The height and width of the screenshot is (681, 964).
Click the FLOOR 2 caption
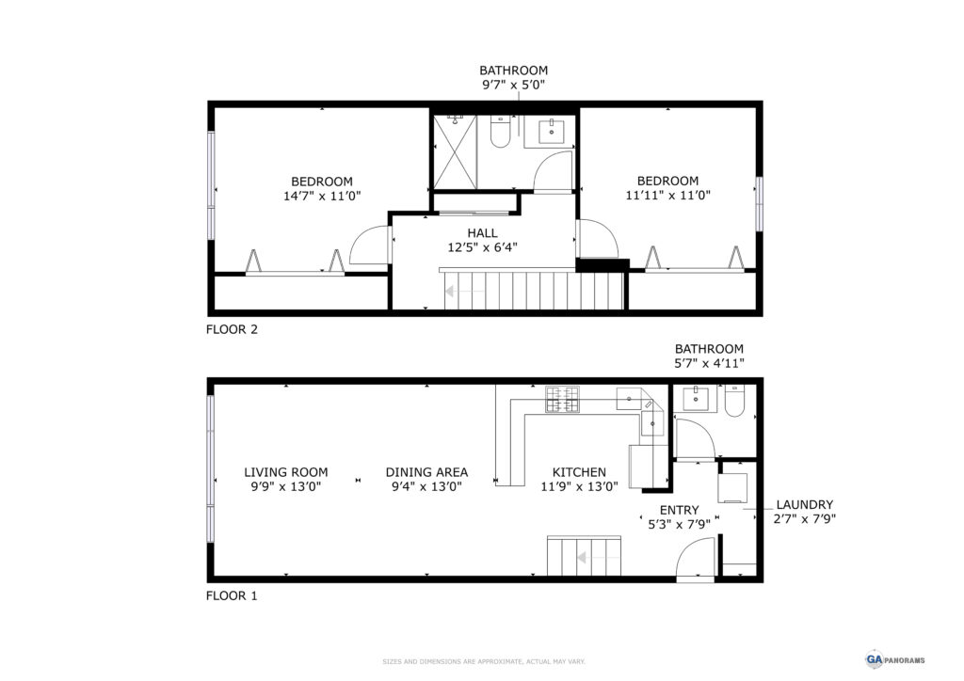(x=232, y=329)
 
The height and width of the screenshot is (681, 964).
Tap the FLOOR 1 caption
(x=232, y=595)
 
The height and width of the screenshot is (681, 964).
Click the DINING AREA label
(x=426, y=472)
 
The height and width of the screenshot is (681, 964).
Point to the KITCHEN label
(x=579, y=472)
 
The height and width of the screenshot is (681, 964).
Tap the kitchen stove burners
(x=562, y=399)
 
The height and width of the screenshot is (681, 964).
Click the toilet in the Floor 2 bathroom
(x=499, y=132)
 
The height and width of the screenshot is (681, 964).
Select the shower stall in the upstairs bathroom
(x=455, y=152)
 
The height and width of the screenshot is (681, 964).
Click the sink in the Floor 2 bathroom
(x=552, y=132)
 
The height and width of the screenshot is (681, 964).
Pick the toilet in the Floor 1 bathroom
(x=734, y=401)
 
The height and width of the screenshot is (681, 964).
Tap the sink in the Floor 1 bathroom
(x=696, y=399)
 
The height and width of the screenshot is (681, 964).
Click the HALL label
(x=483, y=233)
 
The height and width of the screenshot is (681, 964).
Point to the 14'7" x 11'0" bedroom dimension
(x=322, y=197)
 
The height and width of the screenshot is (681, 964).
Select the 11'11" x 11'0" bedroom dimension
(x=667, y=196)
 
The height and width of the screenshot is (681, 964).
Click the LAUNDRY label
(x=805, y=505)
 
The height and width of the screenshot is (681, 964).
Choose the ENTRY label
(x=680, y=511)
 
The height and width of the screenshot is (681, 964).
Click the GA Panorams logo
(x=895, y=660)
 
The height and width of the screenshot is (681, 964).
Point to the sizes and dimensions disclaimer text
(x=484, y=662)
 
